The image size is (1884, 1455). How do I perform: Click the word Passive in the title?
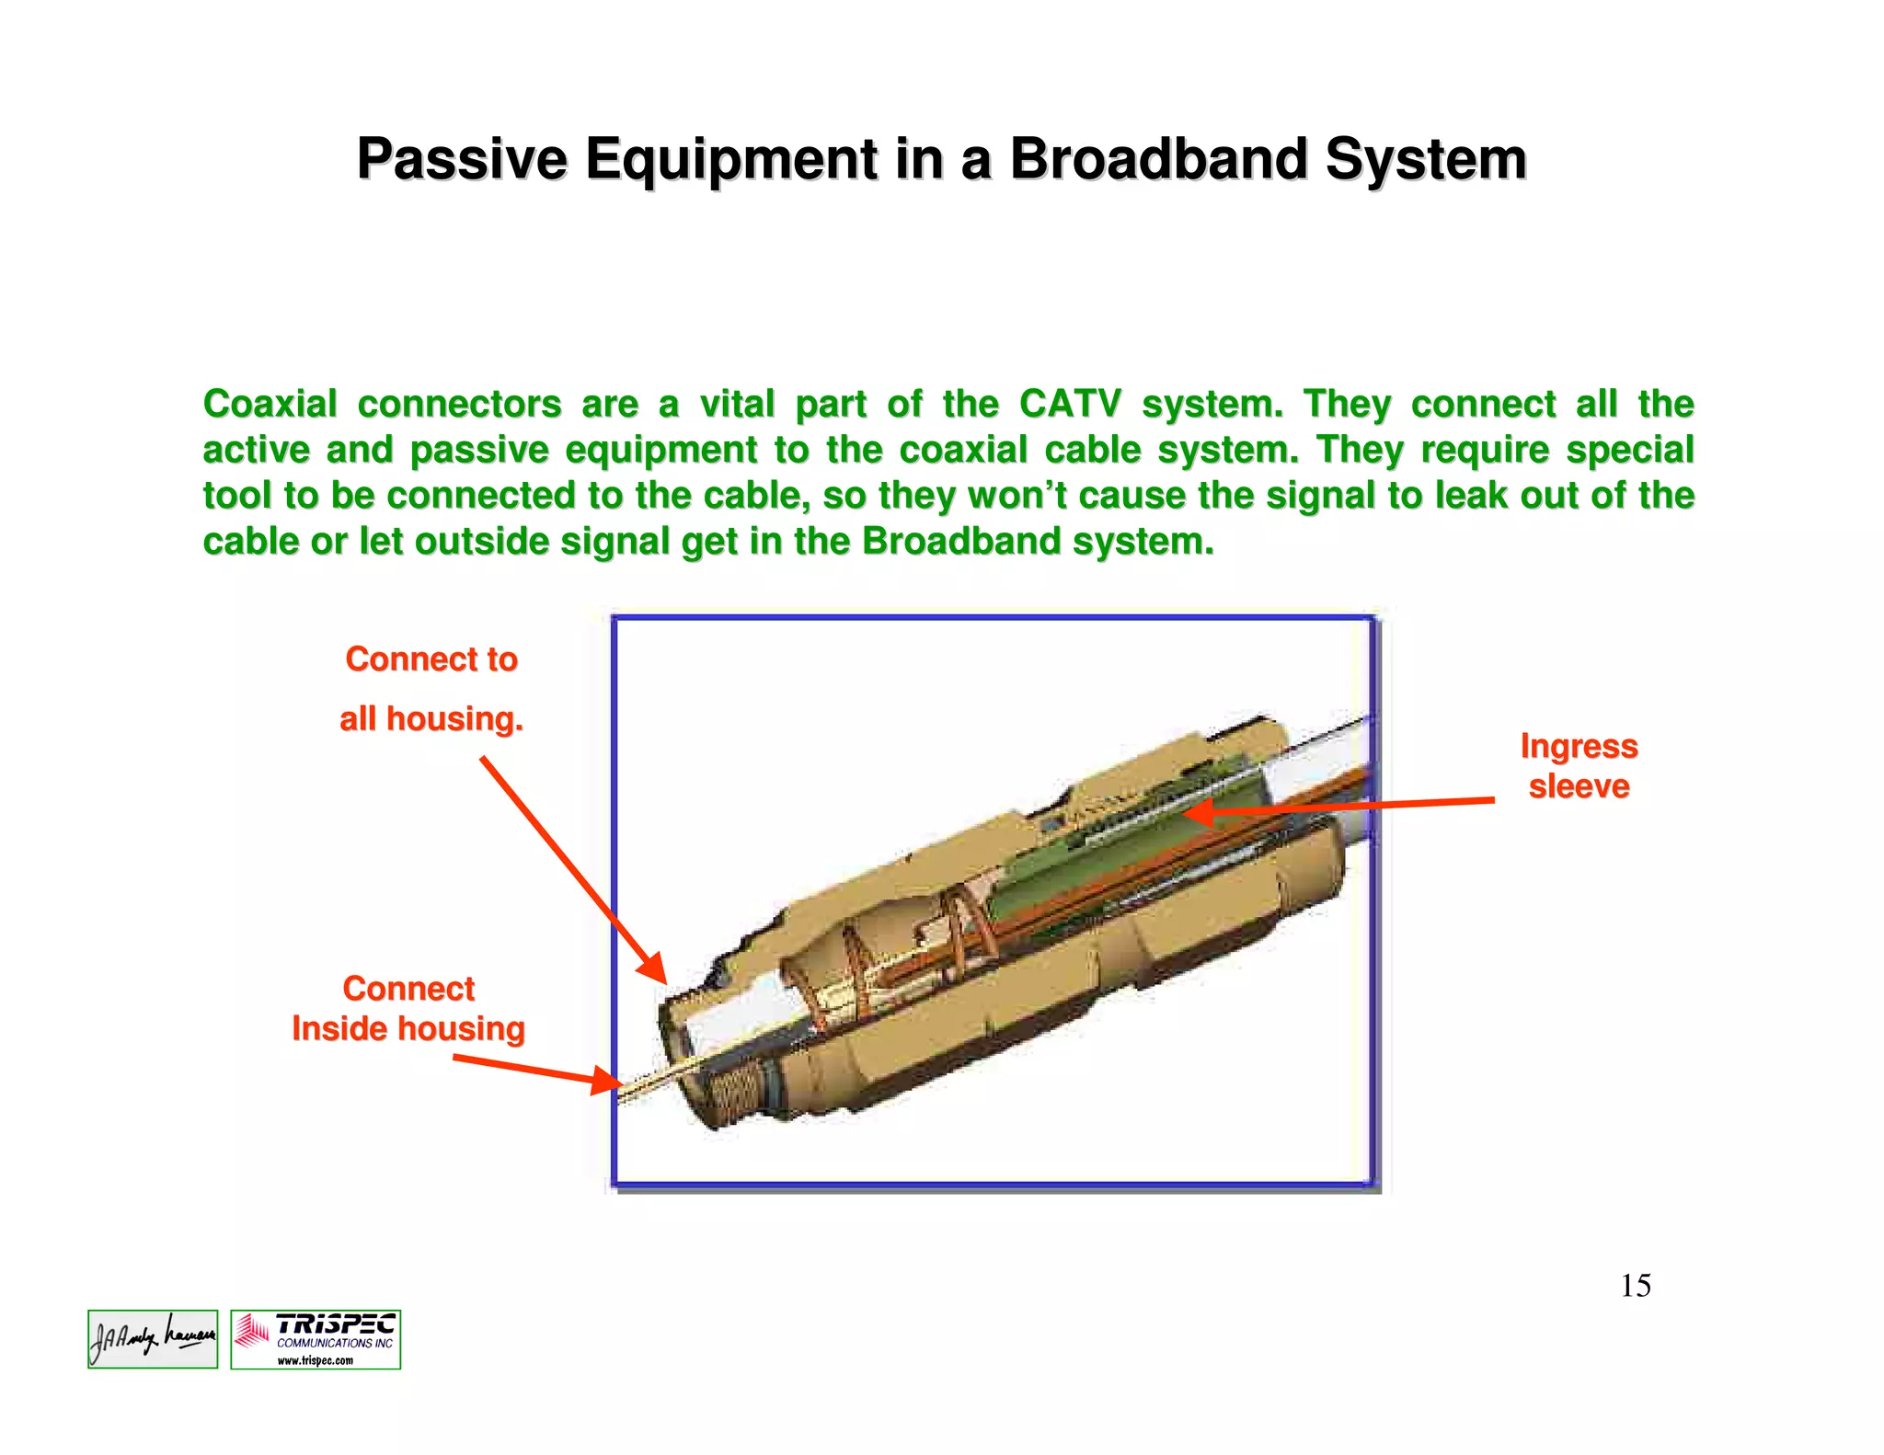pyautogui.click(x=462, y=159)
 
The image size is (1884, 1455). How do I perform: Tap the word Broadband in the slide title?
pyautogui.click(x=1158, y=159)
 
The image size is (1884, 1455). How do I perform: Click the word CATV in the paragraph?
pyautogui.click(x=1070, y=404)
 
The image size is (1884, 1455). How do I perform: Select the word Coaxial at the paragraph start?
pyautogui.click(x=270, y=404)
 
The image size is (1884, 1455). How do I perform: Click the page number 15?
pyautogui.click(x=1635, y=1285)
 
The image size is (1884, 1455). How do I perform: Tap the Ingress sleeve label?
pyautogui.click(x=1579, y=765)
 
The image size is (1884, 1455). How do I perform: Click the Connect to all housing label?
pyautogui.click(x=431, y=689)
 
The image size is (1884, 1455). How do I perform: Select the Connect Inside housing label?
pyautogui.click(x=408, y=1009)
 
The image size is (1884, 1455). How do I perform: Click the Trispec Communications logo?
pyautogui.click(x=316, y=1339)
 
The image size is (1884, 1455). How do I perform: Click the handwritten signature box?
pyautogui.click(x=153, y=1339)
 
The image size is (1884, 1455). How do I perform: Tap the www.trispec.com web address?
pyautogui.click(x=316, y=1360)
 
